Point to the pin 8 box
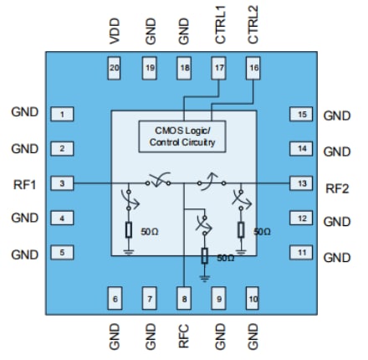point(185,296)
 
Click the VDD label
point(115,31)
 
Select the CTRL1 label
point(220,25)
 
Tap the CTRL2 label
point(254,25)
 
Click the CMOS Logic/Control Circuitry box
point(186,136)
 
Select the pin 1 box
point(61,113)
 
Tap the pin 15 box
point(301,114)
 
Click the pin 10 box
point(254,296)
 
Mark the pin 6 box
point(115,296)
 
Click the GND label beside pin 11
point(337,257)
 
